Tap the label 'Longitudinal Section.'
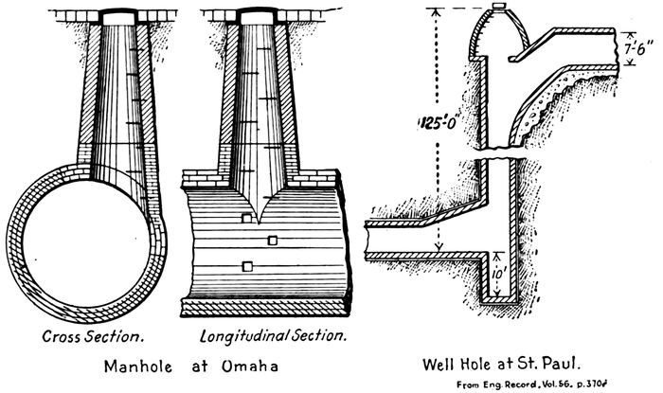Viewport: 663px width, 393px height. (273, 336)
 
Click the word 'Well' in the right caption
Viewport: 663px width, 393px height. (445, 363)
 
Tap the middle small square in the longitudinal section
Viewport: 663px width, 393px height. (272, 241)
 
